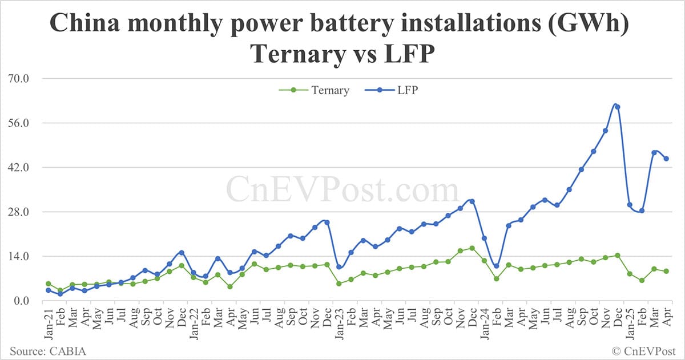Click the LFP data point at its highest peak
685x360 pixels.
click(x=617, y=107)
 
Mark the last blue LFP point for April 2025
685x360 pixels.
click(x=666, y=159)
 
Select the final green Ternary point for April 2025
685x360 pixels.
click(x=666, y=271)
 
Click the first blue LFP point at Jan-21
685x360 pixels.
click(x=48, y=290)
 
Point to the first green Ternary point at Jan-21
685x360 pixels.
click(x=48, y=284)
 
